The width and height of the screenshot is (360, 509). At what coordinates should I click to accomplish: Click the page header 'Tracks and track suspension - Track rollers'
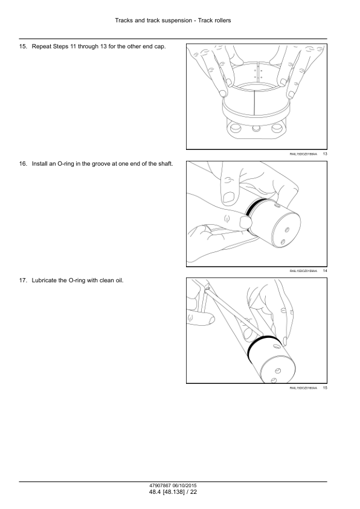(x=173, y=21)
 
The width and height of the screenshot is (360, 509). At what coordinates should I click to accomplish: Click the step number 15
(x=23, y=47)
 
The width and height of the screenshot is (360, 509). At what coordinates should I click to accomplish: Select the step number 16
(x=23, y=164)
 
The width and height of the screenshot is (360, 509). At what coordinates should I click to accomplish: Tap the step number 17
(x=23, y=280)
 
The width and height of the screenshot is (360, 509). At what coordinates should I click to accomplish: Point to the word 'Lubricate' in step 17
(x=44, y=280)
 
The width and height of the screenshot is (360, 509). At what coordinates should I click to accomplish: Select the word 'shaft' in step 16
(x=165, y=164)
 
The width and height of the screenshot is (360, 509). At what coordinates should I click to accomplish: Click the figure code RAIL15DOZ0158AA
(x=303, y=154)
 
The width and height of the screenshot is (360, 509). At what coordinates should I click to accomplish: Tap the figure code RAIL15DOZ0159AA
(x=303, y=271)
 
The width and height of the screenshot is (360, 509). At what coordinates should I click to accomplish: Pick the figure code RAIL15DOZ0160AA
(x=303, y=388)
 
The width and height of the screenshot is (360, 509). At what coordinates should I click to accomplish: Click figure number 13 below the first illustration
(x=325, y=154)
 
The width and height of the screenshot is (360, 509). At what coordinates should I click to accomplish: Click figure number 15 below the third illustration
(x=325, y=388)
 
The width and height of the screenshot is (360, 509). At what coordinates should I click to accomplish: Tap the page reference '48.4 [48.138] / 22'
(x=173, y=492)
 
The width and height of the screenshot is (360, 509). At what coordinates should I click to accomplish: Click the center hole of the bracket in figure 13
(x=256, y=129)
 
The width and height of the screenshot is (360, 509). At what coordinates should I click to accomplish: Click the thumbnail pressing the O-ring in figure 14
(x=244, y=222)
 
